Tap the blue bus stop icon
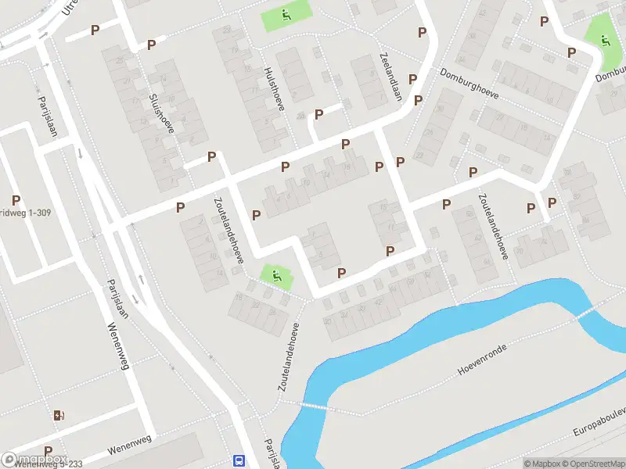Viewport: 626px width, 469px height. click(239, 460)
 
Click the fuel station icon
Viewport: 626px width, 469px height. click(59, 414)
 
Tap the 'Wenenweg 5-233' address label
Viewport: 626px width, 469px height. click(49, 464)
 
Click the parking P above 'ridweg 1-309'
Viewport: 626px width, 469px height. click(16, 200)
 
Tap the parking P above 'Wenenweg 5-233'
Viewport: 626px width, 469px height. click(49, 451)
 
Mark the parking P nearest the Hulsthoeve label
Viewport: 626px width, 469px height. click(318, 114)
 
